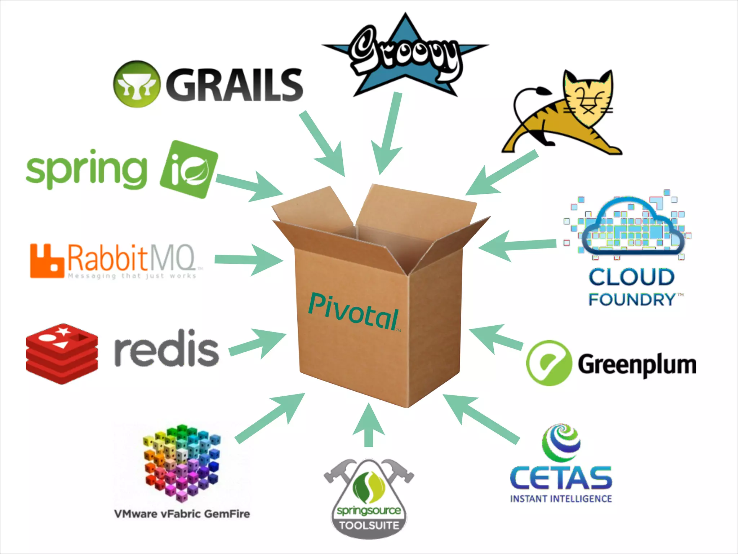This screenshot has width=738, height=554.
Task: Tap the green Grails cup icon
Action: coord(136,84)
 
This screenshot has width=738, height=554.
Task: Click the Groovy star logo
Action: coord(405,56)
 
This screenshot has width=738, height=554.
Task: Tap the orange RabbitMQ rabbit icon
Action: coord(46,261)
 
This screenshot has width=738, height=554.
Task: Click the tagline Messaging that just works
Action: coord(132,276)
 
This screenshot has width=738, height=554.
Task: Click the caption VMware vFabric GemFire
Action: coord(182,514)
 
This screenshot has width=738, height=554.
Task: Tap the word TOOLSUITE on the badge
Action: coord(369,525)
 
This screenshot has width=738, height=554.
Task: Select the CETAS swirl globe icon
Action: coord(561,443)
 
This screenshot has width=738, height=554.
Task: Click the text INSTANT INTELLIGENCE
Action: coord(561,499)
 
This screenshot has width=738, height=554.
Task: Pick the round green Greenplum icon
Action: coord(548,363)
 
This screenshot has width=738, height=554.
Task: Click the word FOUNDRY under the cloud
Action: coord(632,299)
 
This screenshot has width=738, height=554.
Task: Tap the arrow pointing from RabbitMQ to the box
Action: coord(249,260)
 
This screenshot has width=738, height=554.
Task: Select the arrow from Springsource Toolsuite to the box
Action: coord(368,426)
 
